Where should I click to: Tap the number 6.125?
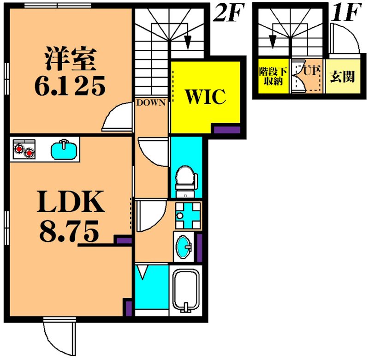[70, 86]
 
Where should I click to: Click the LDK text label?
[71, 202]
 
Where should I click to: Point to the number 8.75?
[69, 231]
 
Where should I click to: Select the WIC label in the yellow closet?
[206, 96]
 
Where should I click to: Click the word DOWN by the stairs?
[151, 102]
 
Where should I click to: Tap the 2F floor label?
[227, 12]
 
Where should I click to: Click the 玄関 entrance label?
[342, 77]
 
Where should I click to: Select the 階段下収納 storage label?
[273, 76]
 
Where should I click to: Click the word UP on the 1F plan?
[311, 71]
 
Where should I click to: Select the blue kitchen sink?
[64, 150]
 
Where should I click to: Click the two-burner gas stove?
[24, 149]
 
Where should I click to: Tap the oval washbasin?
[184, 247]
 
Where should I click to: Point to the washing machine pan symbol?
[188, 216]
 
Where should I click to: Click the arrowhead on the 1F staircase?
[273, 41]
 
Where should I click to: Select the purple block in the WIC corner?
[227, 130]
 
